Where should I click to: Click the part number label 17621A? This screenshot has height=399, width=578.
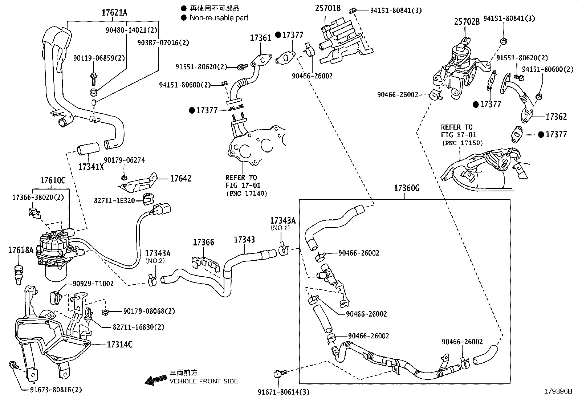pos(114,13)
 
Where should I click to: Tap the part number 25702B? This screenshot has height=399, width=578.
pos(467,22)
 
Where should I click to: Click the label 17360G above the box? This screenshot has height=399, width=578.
pos(407,188)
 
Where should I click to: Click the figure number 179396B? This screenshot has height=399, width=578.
pos(558,391)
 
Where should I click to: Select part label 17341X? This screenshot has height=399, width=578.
pos(91,167)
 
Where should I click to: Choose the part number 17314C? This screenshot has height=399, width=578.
pos(119,344)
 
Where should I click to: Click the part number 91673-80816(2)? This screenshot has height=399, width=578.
pos(56,390)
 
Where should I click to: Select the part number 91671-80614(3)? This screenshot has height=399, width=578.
pos(284,392)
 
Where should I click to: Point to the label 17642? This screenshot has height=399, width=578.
pos(181,178)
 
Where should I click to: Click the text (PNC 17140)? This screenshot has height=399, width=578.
pos(247,194)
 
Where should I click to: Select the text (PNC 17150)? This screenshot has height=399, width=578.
pos(463,143)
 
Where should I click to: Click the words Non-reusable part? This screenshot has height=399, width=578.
pos(219,17)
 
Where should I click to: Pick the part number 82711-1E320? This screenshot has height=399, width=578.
pos(114,200)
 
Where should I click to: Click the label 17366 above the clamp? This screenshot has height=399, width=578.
pos(203,242)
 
